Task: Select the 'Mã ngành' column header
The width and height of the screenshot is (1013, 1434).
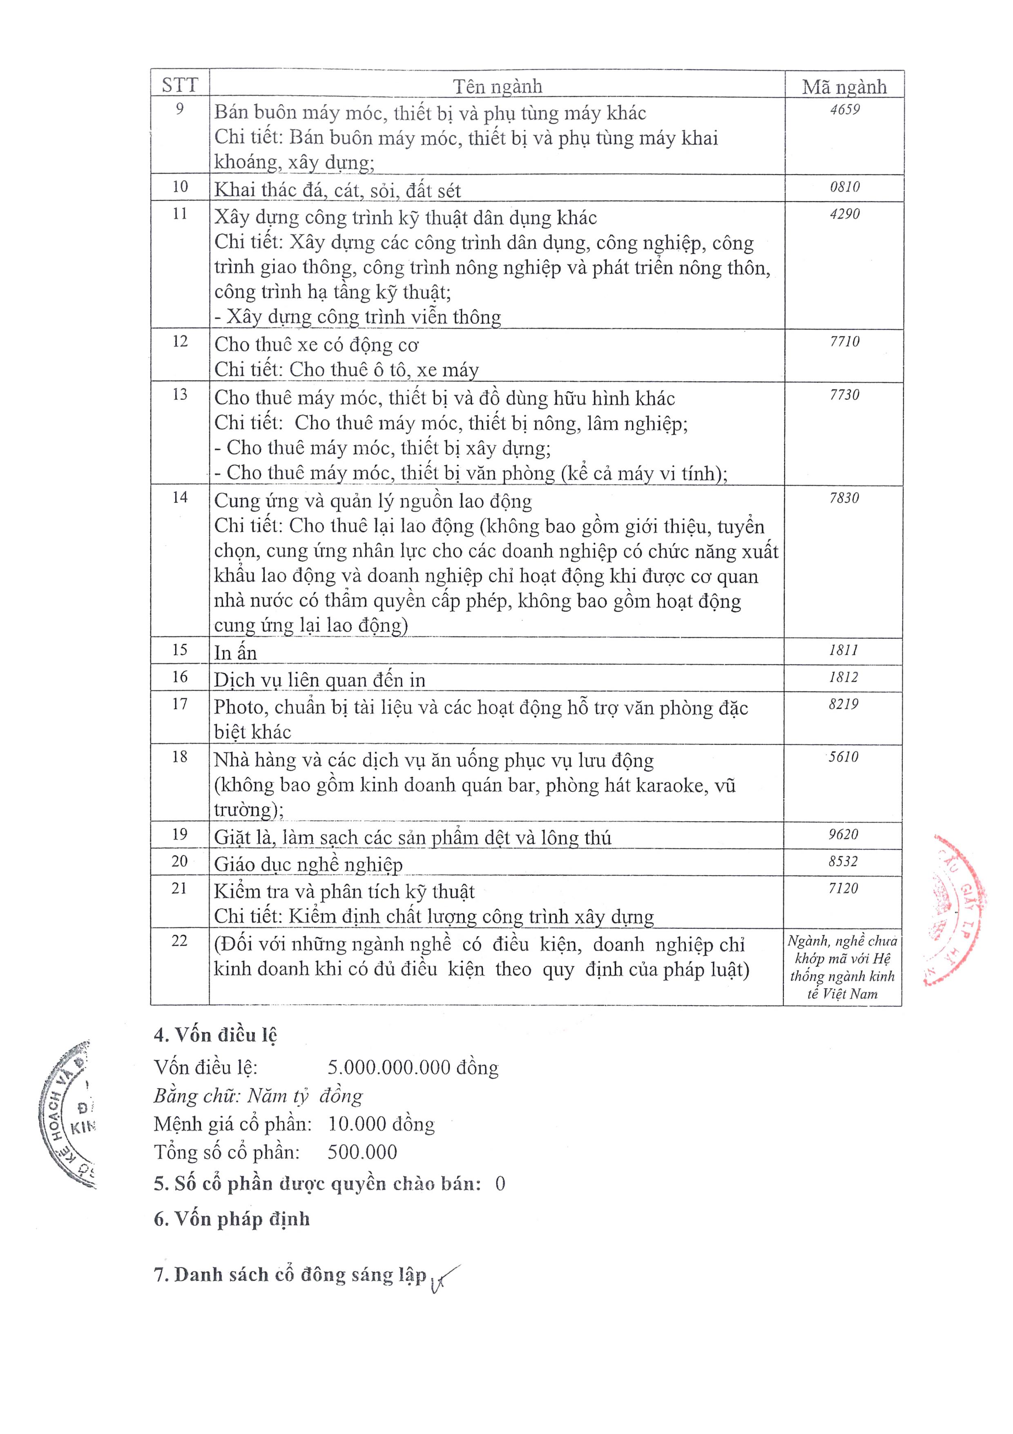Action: tap(844, 87)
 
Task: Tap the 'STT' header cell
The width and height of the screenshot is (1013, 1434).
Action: tap(180, 85)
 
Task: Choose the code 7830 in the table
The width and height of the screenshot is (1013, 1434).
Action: tap(844, 498)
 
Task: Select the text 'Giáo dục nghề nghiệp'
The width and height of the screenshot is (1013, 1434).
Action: tap(308, 865)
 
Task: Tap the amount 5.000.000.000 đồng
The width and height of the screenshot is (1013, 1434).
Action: tap(413, 1068)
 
